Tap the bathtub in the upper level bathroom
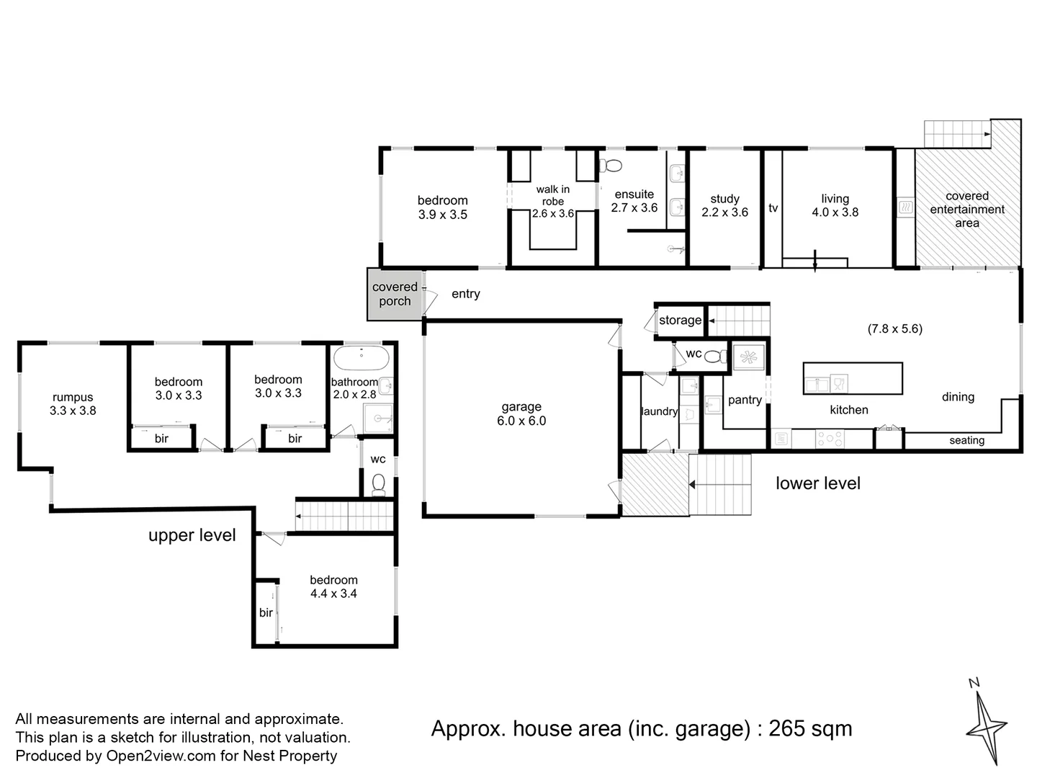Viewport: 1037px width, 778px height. tap(363, 358)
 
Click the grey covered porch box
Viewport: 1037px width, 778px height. tap(394, 294)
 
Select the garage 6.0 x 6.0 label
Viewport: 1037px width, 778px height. tap(521, 414)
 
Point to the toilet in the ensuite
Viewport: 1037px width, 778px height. tap(611, 165)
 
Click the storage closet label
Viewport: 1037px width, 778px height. tap(680, 320)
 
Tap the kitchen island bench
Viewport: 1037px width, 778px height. tap(853, 378)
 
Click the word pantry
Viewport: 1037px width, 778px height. tap(745, 400)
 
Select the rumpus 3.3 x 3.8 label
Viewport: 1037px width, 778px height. tap(73, 404)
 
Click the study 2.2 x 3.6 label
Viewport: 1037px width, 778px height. tap(724, 205)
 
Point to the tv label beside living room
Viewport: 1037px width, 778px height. tap(773, 208)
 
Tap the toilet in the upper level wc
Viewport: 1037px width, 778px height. tap(379, 484)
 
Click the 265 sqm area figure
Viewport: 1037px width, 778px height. tap(810, 728)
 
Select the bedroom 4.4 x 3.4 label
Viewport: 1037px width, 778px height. tap(333, 586)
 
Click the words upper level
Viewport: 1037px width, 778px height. tap(192, 535)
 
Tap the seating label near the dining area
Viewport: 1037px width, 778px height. tap(966, 440)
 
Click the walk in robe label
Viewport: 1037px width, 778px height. tap(552, 201)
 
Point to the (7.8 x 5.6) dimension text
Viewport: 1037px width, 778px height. tap(894, 328)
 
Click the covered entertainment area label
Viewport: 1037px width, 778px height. tap(966, 210)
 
